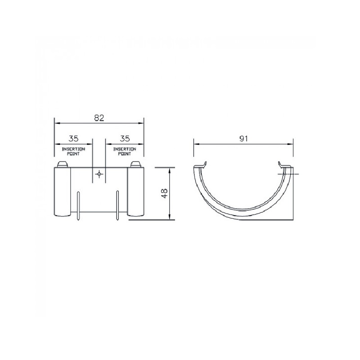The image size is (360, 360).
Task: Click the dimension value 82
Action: coord(99,118)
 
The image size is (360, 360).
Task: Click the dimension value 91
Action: coord(243,139)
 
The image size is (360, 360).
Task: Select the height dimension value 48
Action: coord(164,193)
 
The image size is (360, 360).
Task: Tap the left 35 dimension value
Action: coord(73,139)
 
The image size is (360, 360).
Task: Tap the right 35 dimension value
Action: coord(125,139)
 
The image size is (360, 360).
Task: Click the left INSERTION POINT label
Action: coord(73,152)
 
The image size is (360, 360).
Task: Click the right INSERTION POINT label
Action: coord(125,152)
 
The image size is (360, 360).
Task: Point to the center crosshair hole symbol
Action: coord(99,174)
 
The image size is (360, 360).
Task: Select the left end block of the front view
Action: coord(63,192)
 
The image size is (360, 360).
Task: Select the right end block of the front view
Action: coord(135,192)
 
